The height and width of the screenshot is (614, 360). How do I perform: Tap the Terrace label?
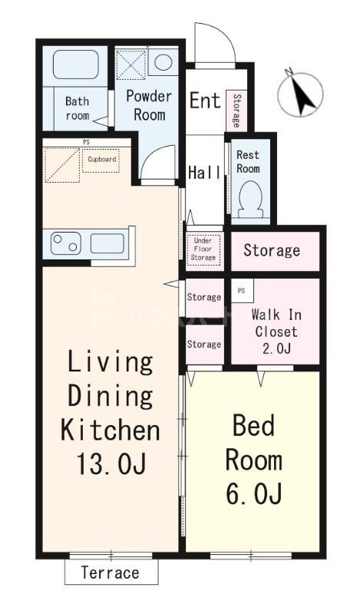(x=110, y=573)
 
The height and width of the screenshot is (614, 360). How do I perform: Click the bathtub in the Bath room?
(x=75, y=64)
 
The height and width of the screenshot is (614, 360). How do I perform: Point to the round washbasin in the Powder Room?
(x=163, y=62)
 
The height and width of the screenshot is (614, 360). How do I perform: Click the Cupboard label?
(x=101, y=160)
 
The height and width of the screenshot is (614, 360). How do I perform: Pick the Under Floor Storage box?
(x=203, y=249)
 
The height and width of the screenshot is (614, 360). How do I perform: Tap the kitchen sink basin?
(x=107, y=243)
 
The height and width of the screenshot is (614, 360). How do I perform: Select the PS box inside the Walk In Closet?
(x=242, y=291)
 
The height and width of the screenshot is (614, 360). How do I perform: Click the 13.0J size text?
(x=111, y=464)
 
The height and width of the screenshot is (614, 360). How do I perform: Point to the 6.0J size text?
(x=254, y=494)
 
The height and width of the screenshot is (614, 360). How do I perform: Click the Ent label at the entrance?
(x=205, y=101)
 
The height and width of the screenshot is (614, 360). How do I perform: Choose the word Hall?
(x=204, y=172)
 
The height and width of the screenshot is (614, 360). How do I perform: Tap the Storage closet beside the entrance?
(x=236, y=111)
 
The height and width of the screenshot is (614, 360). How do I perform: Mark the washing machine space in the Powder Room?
(x=131, y=62)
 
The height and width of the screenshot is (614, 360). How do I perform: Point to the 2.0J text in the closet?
(x=276, y=348)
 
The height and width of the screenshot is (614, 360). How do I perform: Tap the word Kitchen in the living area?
(x=110, y=430)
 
